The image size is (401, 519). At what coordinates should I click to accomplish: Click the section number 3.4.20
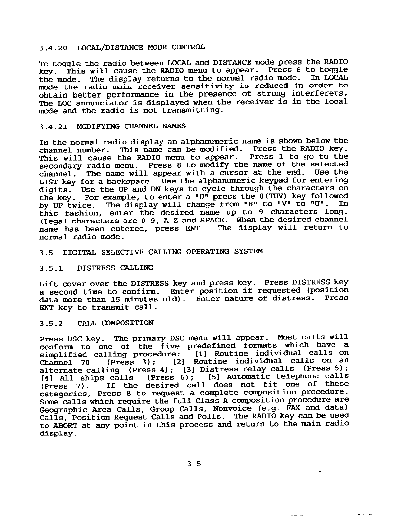[x=53, y=48]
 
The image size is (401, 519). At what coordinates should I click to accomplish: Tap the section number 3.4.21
[x=53, y=126]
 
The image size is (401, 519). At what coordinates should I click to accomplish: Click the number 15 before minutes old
[x=112, y=299]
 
